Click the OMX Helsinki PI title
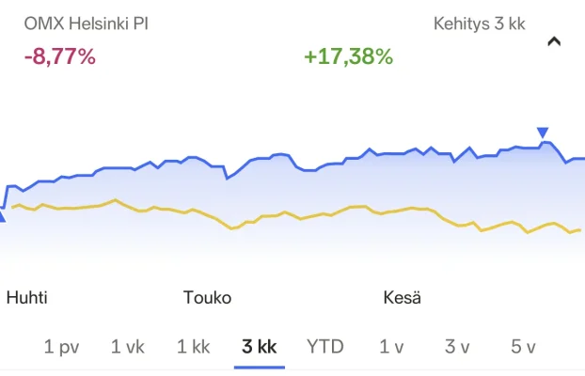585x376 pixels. point(86,23)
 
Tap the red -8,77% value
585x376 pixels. point(59,56)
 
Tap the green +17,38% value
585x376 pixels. point(348,56)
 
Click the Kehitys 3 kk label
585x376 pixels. point(479,23)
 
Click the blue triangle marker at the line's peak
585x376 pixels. point(542,133)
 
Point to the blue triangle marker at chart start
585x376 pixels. point(2,217)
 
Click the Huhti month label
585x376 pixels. point(26,298)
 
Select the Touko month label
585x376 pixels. point(207,298)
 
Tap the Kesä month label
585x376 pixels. point(402,298)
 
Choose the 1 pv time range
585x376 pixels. point(61,347)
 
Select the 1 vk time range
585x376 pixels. point(128,347)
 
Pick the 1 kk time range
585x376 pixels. point(193,347)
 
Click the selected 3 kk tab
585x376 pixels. point(259,347)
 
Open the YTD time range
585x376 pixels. point(324,347)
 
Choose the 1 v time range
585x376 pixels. point(391,347)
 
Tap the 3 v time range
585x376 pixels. point(457,347)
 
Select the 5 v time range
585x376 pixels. point(523,347)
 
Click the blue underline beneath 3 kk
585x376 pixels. point(259,367)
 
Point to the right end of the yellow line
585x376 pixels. point(581,229)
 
